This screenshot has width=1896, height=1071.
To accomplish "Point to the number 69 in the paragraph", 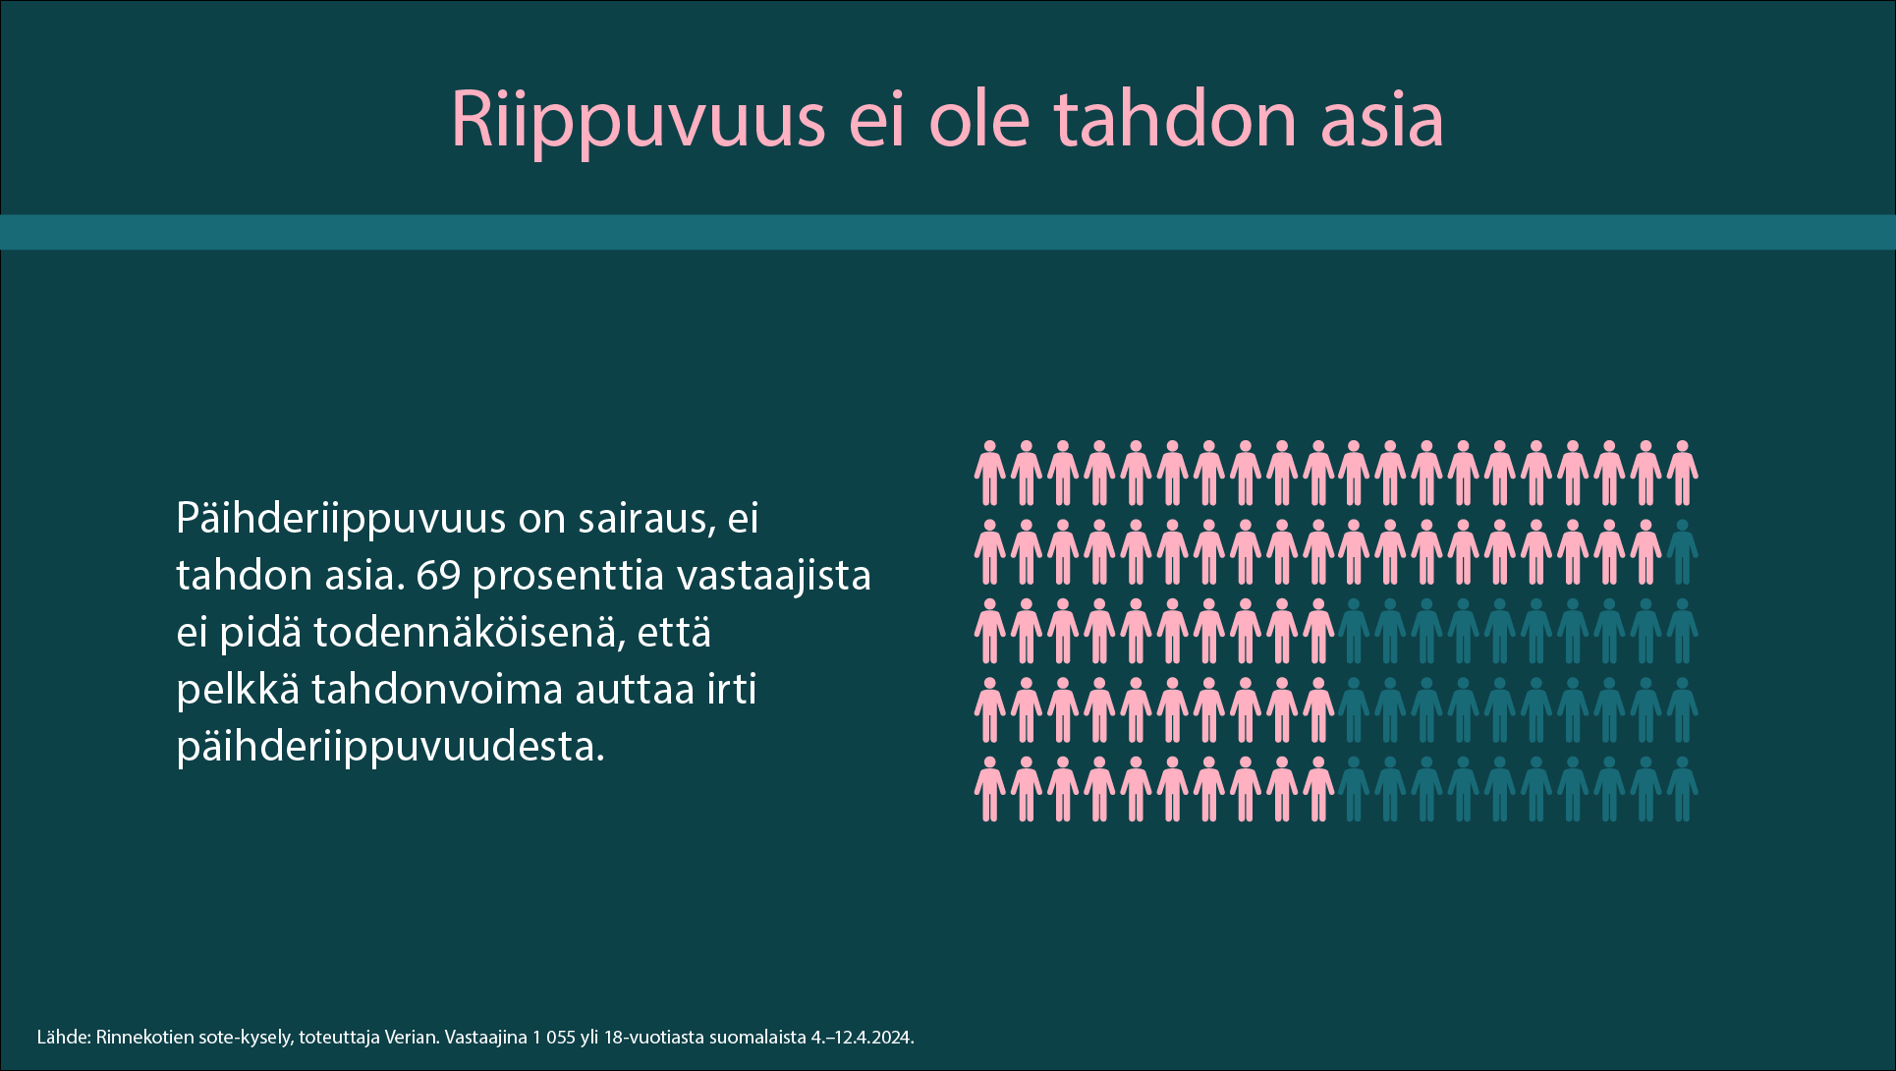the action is click(438, 576).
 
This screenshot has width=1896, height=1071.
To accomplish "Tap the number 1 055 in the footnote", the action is click(553, 1037).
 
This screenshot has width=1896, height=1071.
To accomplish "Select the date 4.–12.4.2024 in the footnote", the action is click(862, 1037).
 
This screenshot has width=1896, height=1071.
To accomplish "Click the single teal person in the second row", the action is click(1682, 552).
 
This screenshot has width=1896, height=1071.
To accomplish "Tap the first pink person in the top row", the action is click(989, 474).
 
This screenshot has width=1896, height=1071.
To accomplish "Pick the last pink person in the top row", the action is click(1682, 474).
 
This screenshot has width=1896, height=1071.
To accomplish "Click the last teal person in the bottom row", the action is click(1682, 789).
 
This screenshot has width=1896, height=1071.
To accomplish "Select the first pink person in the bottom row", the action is click(989, 789).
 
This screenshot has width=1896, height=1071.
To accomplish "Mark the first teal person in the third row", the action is click(1354, 631).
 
